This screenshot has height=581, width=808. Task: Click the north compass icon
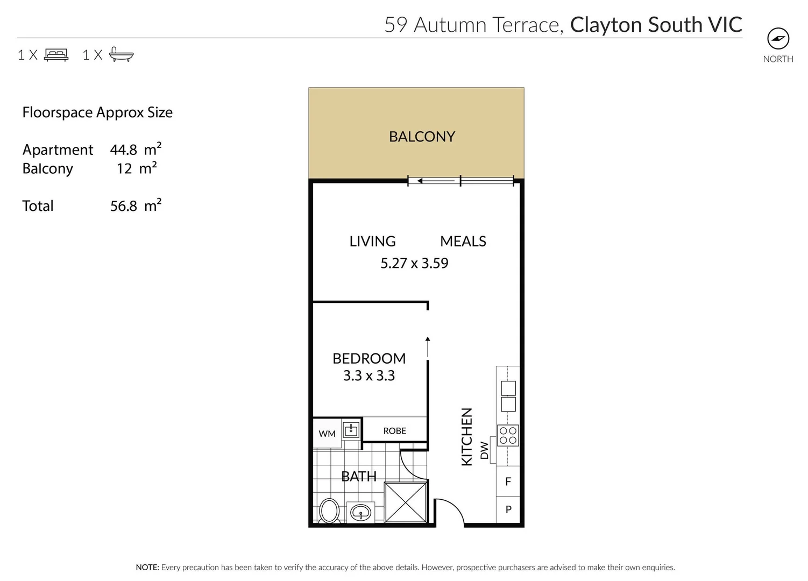(777, 39)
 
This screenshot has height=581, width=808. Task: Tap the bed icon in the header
(56, 54)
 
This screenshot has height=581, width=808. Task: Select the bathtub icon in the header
(121, 54)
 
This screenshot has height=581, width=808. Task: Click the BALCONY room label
(422, 137)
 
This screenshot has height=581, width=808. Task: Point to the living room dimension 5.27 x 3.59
(414, 263)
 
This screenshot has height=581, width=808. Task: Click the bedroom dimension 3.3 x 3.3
(369, 375)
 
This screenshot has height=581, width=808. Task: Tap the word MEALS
(463, 242)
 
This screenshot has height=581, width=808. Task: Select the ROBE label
(394, 431)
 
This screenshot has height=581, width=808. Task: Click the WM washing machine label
(327, 434)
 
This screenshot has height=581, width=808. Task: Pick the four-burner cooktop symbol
(508, 435)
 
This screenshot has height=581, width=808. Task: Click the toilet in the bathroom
(329, 511)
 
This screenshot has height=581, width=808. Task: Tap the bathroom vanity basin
(360, 512)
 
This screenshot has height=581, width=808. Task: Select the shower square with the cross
(406, 502)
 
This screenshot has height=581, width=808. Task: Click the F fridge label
(508, 481)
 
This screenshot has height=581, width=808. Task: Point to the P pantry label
(508, 509)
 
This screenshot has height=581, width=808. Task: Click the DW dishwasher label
(484, 450)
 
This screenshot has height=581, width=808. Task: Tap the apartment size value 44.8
(123, 150)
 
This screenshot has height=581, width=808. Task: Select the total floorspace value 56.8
(124, 207)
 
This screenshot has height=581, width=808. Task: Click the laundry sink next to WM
(351, 429)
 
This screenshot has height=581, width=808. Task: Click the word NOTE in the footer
(147, 567)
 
